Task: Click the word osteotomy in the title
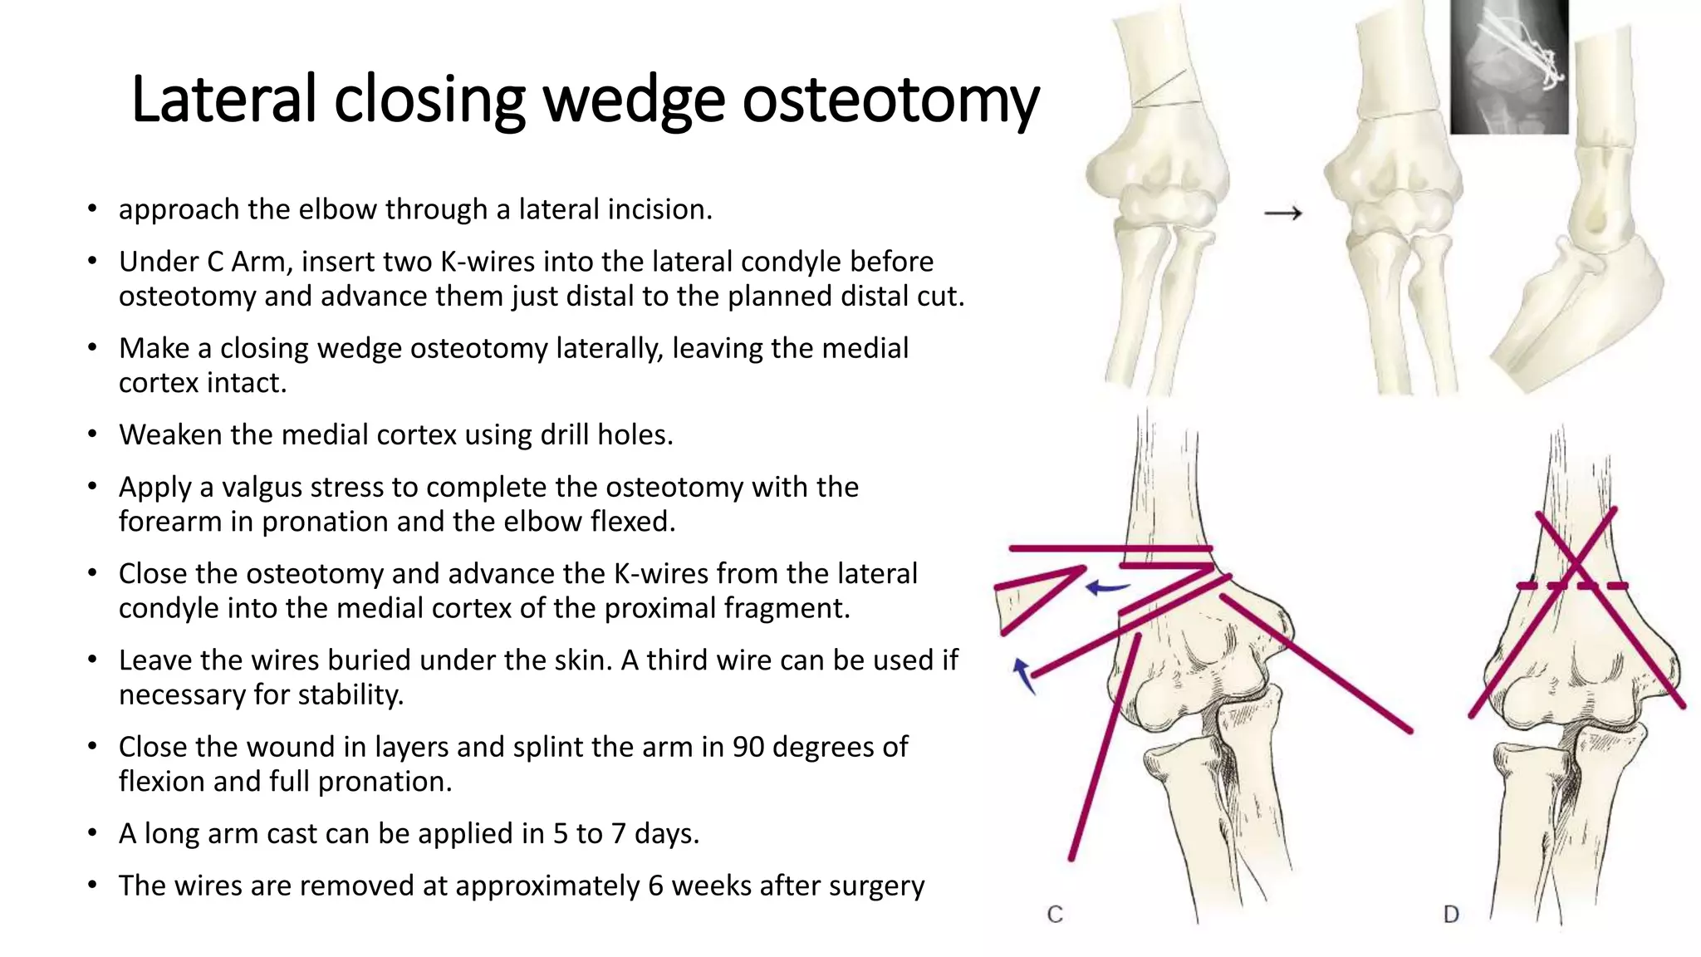click(x=890, y=100)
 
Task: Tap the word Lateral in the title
click(x=223, y=100)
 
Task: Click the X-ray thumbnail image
click(x=1509, y=66)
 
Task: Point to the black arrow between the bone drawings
click(x=1283, y=213)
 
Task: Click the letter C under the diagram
click(x=1055, y=914)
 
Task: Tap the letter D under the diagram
click(x=1451, y=914)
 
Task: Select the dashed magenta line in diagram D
click(x=1571, y=586)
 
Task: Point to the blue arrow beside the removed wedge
click(x=1107, y=588)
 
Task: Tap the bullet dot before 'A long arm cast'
click(x=93, y=833)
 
